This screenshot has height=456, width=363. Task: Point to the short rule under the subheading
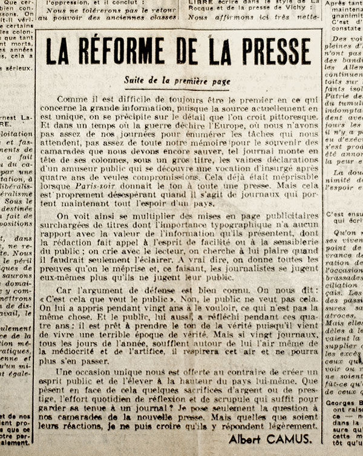tap(177, 90)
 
